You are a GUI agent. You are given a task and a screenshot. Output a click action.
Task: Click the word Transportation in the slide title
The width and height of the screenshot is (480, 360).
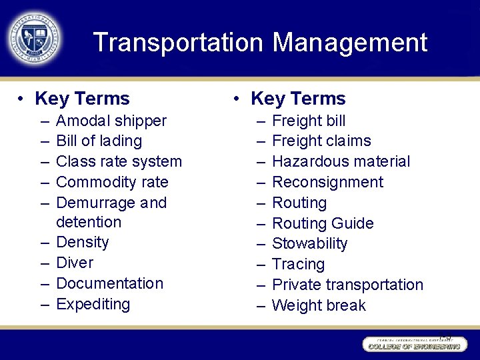179,43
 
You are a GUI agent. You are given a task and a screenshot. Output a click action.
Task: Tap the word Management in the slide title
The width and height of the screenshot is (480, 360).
349,43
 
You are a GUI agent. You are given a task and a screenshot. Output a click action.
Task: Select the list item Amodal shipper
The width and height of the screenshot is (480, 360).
111,121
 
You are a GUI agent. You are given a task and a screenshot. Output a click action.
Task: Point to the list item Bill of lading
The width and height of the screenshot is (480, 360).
99,141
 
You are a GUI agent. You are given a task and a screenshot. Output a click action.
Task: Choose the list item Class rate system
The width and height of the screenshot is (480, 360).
119,161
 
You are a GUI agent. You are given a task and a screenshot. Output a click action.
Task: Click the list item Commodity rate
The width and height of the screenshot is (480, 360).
112,182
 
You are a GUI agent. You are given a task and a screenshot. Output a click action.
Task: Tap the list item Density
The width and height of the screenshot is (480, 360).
82,242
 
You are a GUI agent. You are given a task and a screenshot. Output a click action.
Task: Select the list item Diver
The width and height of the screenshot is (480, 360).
75,263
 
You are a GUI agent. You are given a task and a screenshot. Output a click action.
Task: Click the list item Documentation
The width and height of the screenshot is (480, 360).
109,283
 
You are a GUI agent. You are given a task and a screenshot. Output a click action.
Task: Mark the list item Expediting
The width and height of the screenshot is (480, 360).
93,304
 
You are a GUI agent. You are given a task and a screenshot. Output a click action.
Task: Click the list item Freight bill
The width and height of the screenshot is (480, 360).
309,121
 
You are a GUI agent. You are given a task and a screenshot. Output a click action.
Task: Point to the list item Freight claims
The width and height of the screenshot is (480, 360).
321,141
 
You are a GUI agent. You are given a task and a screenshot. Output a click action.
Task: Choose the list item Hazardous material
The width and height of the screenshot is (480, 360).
341,161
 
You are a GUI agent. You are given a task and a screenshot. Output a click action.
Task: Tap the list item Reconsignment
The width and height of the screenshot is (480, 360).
327,182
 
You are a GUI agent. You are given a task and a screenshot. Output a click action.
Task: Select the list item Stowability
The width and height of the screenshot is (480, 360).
309,243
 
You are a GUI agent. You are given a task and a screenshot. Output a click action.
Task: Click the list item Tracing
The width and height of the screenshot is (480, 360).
298,264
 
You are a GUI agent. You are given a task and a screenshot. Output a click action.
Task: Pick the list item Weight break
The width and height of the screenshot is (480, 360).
319,305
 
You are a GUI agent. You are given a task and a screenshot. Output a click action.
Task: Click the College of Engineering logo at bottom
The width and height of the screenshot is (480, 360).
413,344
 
